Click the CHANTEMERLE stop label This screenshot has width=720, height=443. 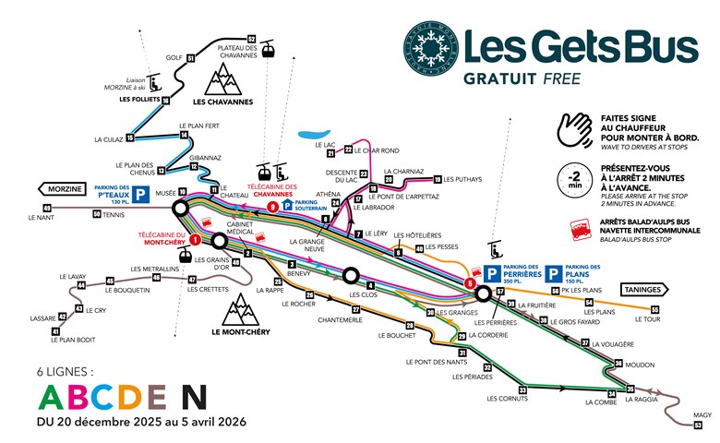coord(339,319)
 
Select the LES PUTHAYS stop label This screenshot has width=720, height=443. coord(463,180)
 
